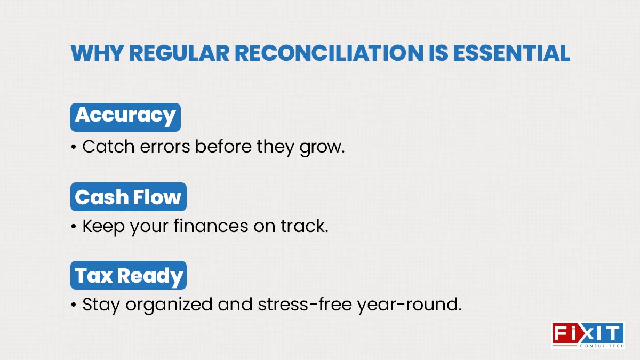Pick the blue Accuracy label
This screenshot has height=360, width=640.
(x=125, y=117)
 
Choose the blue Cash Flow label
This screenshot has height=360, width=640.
(x=128, y=197)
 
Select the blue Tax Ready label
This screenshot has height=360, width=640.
(x=129, y=276)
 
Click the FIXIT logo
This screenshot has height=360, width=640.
(x=587, y=333)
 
